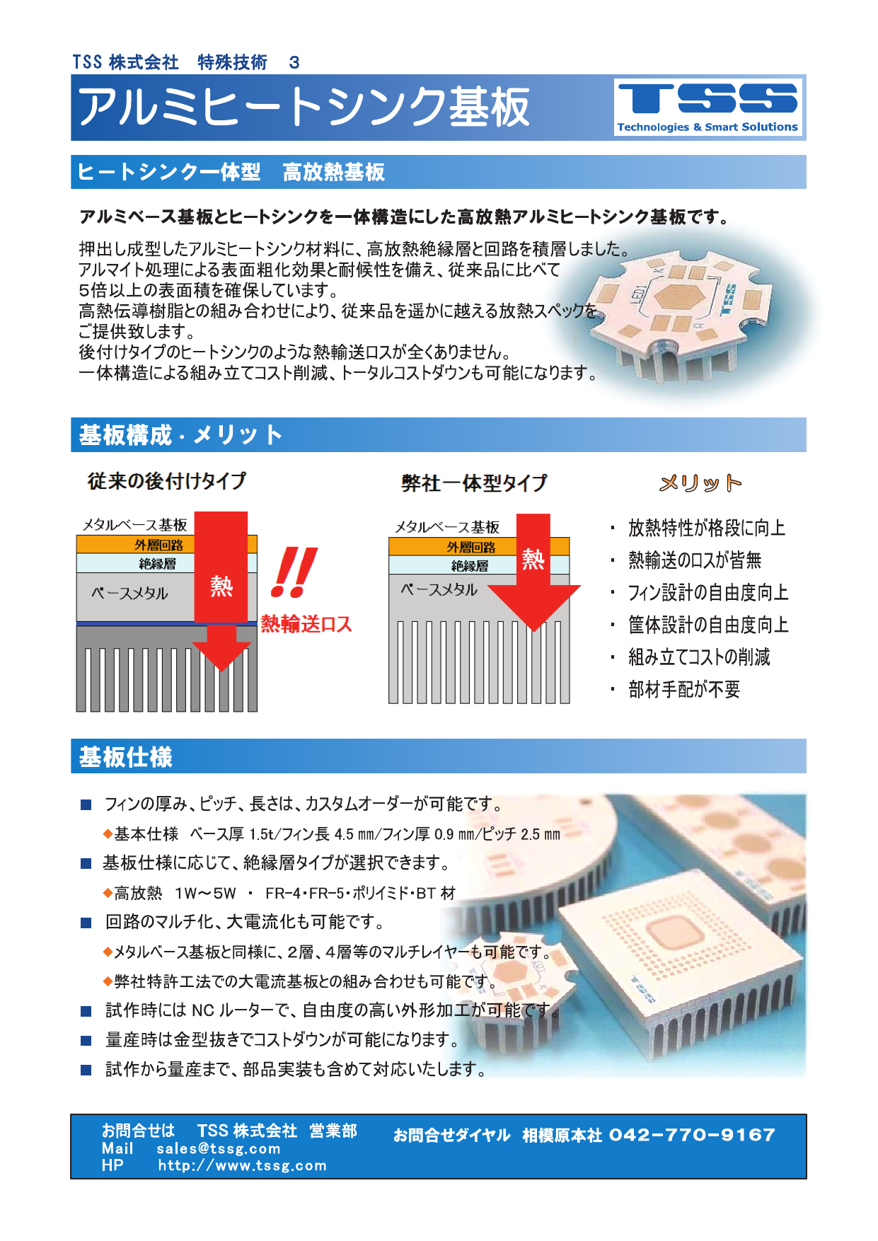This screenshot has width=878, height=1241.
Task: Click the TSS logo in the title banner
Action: (x=708, y=107)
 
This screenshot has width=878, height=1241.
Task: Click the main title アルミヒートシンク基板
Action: (x=304, y=108)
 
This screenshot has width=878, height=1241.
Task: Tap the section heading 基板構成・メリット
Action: (x=180, y=434)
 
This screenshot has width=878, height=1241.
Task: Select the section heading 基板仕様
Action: (x=126, y=757)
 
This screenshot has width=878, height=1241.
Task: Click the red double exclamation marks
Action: (x=294, y=572)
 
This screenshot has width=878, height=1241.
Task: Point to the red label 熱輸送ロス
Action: (x=306, y=623)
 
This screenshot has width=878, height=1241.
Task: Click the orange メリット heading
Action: (x=700, y=483)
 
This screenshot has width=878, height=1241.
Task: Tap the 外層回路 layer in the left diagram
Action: (x=158, y=545)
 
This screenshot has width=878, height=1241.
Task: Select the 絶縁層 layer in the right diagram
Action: (x=470, y=565)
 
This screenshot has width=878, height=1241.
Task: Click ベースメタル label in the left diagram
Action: (x=129, y=593)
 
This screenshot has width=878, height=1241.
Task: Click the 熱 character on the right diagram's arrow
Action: (x=533, y=559)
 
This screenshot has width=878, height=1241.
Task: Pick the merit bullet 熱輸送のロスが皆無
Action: (x=695, y=560)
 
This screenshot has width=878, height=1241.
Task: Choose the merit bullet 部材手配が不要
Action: (x=684, y=689)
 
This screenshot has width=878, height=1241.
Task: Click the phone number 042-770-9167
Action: (x=692, y=1135)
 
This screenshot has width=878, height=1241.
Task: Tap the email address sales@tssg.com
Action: (x=219, y=1149)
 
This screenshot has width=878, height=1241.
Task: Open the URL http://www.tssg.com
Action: (x=242, y=1165)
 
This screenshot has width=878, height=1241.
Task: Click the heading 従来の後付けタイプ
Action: (x=167, y=481)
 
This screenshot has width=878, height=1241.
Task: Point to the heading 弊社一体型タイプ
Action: (x=474, y=483)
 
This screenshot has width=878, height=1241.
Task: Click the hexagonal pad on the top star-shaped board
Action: (x=678, y=296)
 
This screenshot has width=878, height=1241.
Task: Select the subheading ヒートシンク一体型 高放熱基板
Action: (x=231, y=172)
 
